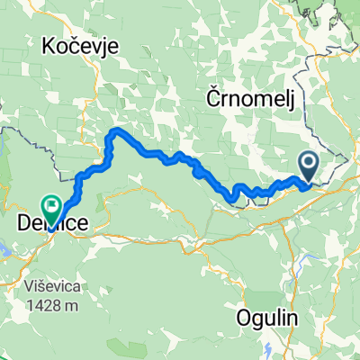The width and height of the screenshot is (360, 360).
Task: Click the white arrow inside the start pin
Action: (x=308, y=163)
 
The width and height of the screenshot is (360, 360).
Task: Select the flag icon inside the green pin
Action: (x=51, y=206)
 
